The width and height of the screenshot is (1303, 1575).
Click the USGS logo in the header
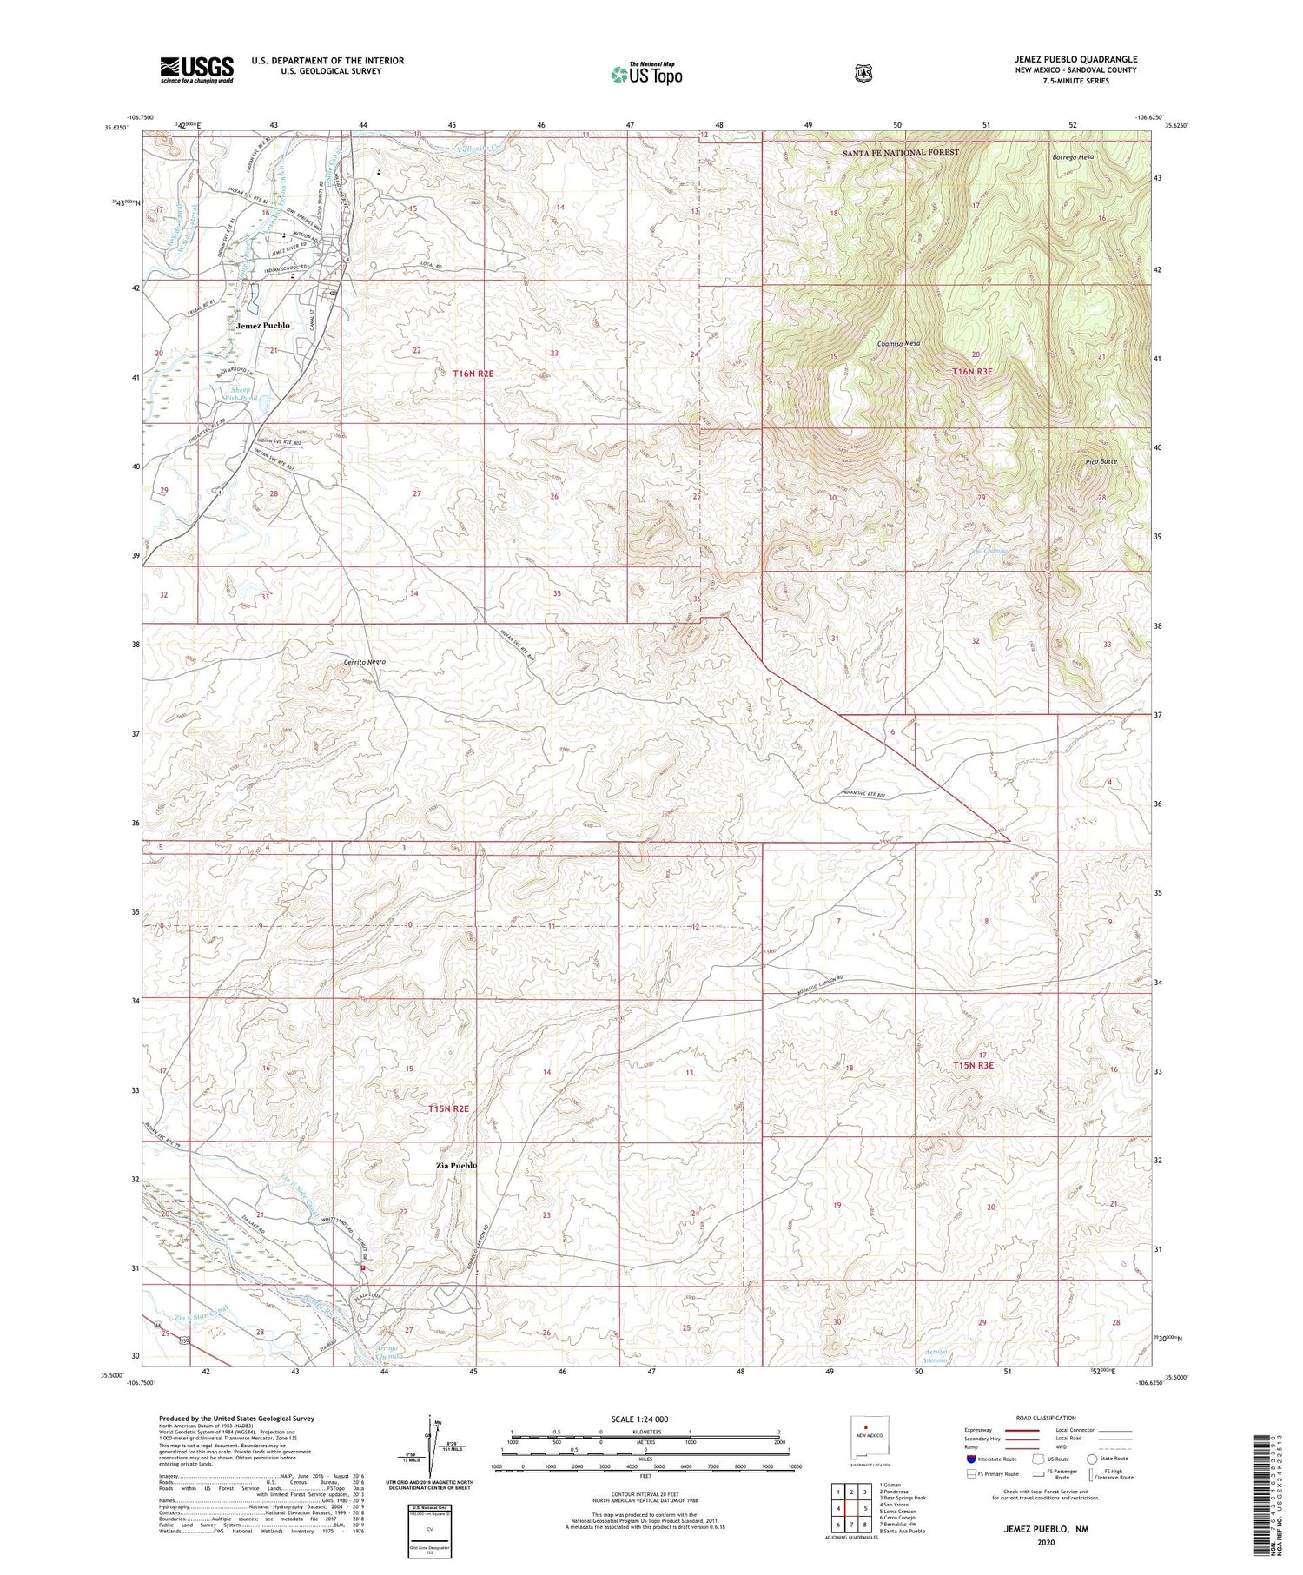(196, 69)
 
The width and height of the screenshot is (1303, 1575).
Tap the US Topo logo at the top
(646, 74)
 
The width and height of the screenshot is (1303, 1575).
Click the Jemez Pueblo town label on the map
(262, 325)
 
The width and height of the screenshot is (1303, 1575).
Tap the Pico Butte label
(1101, 461)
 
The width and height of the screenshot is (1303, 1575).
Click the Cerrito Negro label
(364, 662)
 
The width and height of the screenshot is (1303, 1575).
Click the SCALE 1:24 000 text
(645, 1419)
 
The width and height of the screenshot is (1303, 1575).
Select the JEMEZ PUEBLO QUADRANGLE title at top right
(1075, 59)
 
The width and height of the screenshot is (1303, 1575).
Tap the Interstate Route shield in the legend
(970, 1459)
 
